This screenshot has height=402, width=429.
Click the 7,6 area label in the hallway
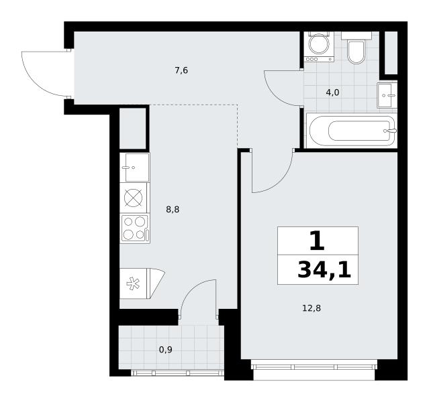click(181, 70)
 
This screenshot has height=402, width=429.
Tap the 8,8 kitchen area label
click(173, 210)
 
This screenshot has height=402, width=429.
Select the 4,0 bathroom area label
click(332, 92)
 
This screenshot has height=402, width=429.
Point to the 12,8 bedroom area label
click(312, 308)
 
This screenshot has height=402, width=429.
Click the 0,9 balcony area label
click(166, 349)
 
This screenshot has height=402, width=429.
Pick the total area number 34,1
click(324, 269)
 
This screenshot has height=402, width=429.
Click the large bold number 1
click(317, 241)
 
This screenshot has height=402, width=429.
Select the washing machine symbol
click(319, 47)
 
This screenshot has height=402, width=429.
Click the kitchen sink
click(135, 167)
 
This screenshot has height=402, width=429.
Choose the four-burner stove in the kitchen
click(135, 228)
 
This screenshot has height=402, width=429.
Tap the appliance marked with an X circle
click(134, 198)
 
